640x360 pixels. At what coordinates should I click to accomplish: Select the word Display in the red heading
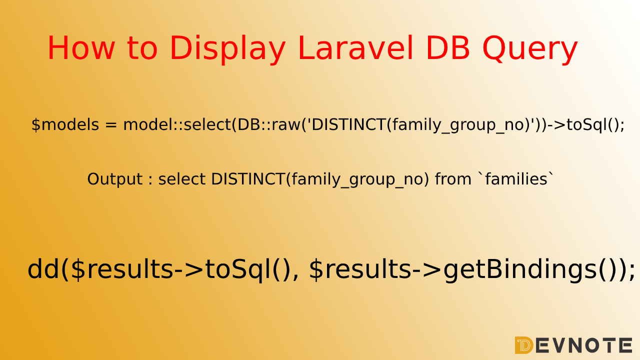click(x=227, y=48)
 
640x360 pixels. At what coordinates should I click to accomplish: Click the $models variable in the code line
click(x=65, y=125)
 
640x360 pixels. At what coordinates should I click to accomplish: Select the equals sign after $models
click(x=111, y=125)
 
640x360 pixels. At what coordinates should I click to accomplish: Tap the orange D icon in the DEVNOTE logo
click(x=523, y=345)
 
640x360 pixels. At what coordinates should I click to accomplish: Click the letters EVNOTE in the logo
click(x=584, y=345)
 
